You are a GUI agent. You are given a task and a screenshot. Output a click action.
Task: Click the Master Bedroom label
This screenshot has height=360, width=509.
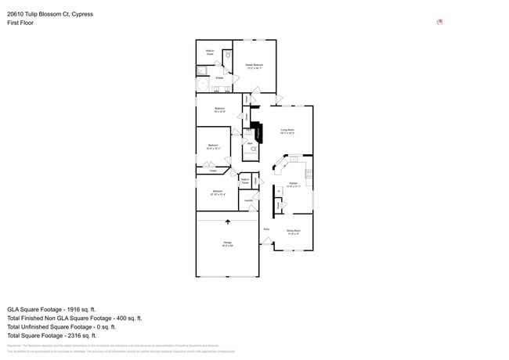click(x=254, y=65)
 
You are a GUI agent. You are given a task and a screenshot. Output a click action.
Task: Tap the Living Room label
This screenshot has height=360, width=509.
click(x=287, y=131)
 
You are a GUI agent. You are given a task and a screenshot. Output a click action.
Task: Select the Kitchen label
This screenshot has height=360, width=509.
click(x=293, y=184)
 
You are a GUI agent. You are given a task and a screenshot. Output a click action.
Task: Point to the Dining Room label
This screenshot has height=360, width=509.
click(x=293, y=231)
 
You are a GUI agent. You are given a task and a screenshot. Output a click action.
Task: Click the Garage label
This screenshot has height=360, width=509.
click(x=227, y=243)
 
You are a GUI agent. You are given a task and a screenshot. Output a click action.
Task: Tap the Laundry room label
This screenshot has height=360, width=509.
click(x=248, y=200)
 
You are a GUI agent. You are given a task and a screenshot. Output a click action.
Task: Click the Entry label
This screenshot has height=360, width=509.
click(x=266, y=229)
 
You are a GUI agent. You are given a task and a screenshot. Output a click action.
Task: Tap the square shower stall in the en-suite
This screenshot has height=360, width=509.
click(x=201, y=70)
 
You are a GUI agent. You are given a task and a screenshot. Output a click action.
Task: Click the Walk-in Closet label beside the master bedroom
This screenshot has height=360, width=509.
click(x=210, y=52)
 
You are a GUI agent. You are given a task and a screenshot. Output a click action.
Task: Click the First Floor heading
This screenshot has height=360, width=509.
click(x=20, y=23)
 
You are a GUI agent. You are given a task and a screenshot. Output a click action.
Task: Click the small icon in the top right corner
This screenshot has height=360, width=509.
click(x=439, y=21)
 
